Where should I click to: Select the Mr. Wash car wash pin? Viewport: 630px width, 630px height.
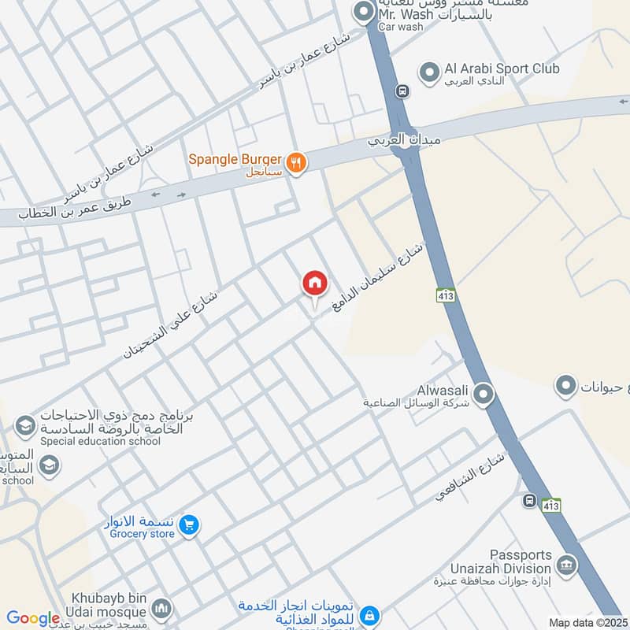[363, 12]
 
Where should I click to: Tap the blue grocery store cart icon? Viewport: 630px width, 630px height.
[188, 524]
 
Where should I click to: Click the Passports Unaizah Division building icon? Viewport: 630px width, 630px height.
[565, 565]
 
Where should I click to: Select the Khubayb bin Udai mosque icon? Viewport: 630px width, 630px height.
[161, 609]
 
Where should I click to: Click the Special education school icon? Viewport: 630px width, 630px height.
[24, 426]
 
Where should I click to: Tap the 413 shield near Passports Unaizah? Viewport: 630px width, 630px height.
[551, 506]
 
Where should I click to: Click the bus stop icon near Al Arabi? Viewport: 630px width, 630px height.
[403, 91]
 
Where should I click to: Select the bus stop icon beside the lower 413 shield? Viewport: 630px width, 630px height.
[529, 500]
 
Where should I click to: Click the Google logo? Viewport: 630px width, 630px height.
[33, 618]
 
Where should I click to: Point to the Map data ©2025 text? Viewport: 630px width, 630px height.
[587, 622]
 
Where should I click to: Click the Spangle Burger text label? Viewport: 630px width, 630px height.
[235, 159]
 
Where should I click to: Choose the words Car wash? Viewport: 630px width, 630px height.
[400, 27]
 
